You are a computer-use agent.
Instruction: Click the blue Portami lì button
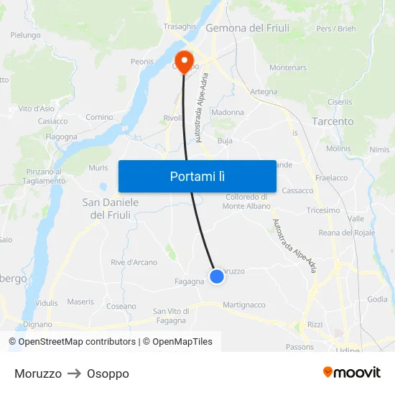(197, 176)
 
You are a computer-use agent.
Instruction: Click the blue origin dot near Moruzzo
(216, 276)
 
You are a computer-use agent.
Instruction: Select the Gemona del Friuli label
(247, 28)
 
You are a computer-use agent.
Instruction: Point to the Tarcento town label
(333, 121)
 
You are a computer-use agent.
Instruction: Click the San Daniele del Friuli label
(111, 208)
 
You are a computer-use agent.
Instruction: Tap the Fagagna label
(190, 282)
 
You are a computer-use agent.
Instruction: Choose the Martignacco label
(244, 305)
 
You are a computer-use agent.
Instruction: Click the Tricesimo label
(323, 210)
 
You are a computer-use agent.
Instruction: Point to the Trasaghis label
(180, 27)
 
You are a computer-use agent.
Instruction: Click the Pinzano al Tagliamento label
(45, 176)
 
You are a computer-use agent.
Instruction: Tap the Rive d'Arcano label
(134, 262)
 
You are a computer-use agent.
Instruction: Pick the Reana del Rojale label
(347, 233)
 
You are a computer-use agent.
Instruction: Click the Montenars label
(288, 68)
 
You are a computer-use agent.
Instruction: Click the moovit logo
(351, 373)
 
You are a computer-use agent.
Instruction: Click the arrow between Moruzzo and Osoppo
(74, 373)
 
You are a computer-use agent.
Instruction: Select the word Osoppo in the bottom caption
(108, 373)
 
